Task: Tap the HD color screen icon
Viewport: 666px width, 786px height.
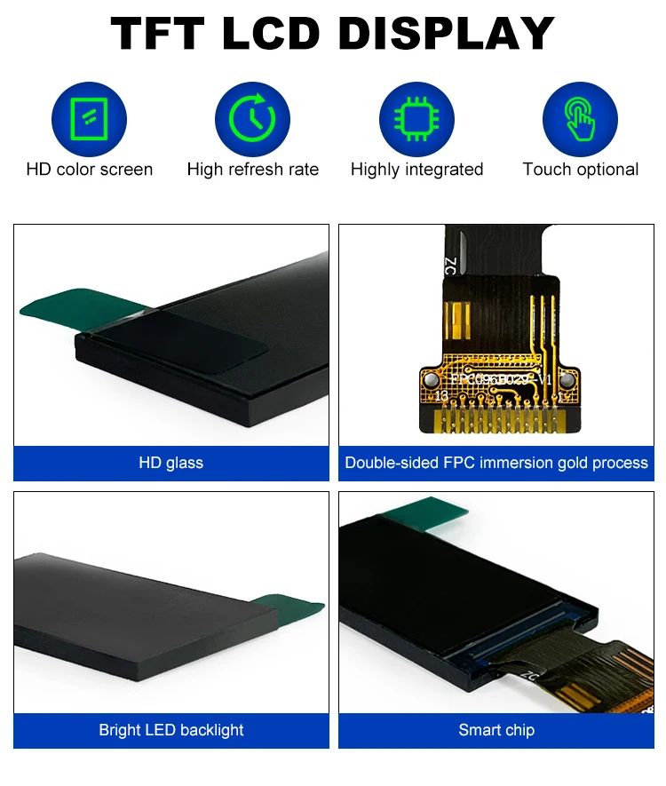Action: pyautogui.click(x=89, y=119)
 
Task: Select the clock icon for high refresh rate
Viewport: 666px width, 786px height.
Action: pyautogui.click(x=252, y=119)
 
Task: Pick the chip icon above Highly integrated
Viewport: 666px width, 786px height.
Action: pyautogui.click(x=416, y=119)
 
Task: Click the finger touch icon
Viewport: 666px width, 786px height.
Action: pyautogui.click(x=580, y=119)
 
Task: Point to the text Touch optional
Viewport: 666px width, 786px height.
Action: pyautogui.click(x=580, y=170)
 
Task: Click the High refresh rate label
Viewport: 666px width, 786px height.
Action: pyautogui.click(x=252, y=170)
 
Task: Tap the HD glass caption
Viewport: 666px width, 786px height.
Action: pyautogui.click(x=170, y=463)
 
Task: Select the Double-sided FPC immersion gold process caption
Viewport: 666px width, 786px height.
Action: pyautogui.click(x=496, y=463)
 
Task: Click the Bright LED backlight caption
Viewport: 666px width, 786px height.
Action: pyautogui.click(x=170, y=730)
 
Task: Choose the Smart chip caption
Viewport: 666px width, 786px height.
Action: pyautogui.click(x=496, y=730)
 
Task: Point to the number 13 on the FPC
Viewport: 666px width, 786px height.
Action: pyautogui.click(x=441, y=394)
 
